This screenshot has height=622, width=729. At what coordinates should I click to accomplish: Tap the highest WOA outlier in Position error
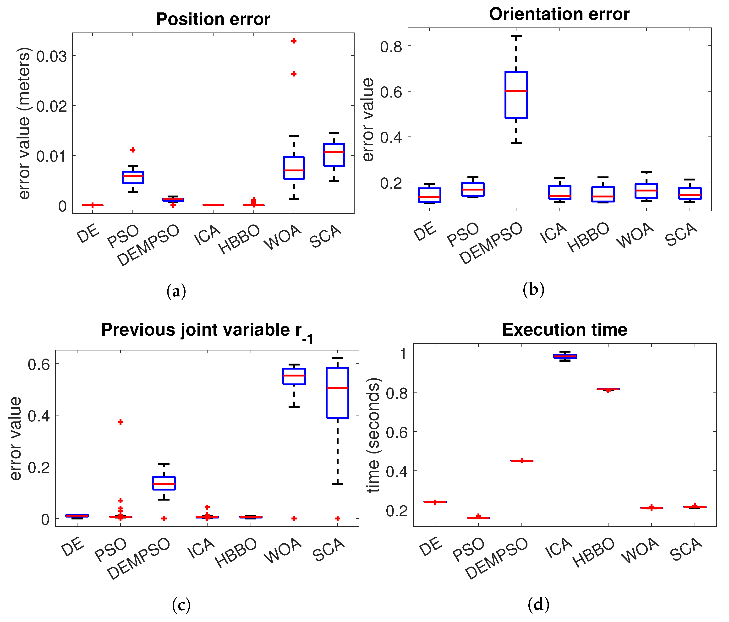[x=294, y=41]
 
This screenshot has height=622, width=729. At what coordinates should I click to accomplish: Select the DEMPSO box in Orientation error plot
[x=516, y=95]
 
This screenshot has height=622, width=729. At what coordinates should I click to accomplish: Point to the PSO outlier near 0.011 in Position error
[x=133, y=150]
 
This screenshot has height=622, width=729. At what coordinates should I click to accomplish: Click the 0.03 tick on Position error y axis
[x=51, y=56]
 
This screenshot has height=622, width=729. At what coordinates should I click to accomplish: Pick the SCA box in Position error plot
[x=334, y=155]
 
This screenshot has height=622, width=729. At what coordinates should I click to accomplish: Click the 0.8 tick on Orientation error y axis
[x=391, y=46]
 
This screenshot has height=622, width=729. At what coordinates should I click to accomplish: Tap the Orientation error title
[x=559, y=14]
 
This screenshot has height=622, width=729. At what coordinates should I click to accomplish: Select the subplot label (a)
[x=176, y=291]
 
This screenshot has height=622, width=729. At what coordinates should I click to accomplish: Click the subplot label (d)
[x=538, y=604]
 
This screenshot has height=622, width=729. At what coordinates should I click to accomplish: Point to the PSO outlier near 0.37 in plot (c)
[x=120, y=422]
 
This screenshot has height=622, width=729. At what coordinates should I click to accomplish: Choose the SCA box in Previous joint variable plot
[x=337, y=393]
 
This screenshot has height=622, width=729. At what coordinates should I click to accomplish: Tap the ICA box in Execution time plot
[x=565, y=356]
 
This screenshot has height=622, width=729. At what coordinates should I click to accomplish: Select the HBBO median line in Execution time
[x=608, y=389]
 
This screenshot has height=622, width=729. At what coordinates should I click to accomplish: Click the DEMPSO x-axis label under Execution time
[x=497, y=559]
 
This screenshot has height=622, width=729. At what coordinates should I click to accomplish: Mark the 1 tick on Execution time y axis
[x=403, y=354]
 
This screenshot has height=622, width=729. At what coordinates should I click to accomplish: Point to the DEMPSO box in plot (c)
[x=164, y=483]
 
